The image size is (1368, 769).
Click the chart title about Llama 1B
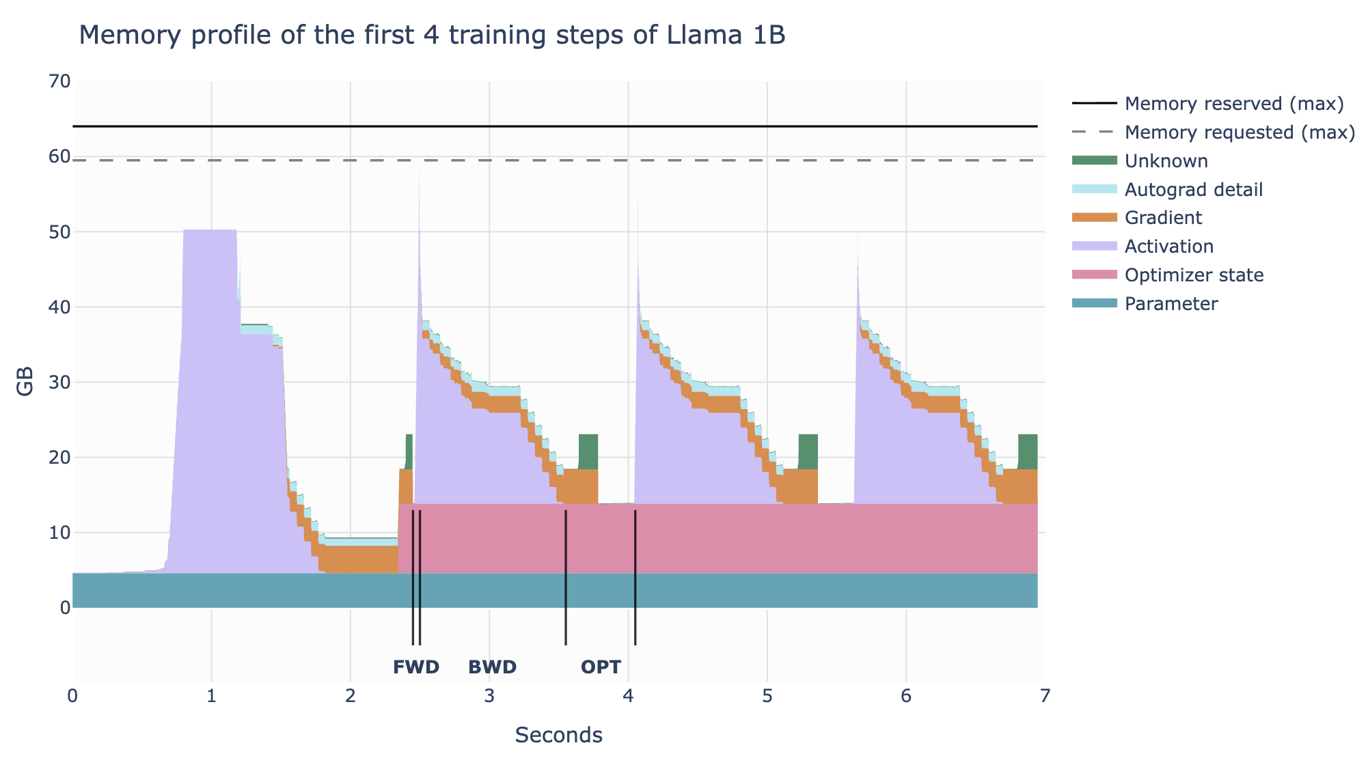click(x=432, y=36)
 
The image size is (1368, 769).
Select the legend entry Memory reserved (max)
click(x=1233, y=104)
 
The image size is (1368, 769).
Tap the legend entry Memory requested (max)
click(x=1239, y=132)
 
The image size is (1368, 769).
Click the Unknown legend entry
click(x=1166, y=161)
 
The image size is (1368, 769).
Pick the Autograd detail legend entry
click(x=1193, y=189)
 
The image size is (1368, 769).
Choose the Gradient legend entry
click(x=1163, y=218)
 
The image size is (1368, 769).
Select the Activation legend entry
click(x=1168, y=247)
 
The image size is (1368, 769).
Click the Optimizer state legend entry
click(x=1194, y=275)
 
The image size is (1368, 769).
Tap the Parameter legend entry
click(x=1171, y=304)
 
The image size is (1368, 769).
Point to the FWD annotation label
click(x=415, y=667)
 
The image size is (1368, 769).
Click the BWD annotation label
click(x=492, y=667)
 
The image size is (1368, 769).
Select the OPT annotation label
click(x=601, y=667)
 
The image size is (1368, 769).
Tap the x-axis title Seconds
click(x=558, y=736)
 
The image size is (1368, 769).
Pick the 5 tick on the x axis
click(x=767, y=696)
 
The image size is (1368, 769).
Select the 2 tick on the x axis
click(x=351, y=696)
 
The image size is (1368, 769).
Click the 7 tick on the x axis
click(x=1045, y=696)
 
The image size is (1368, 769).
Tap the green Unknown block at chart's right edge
click(x=1028, y=451)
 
